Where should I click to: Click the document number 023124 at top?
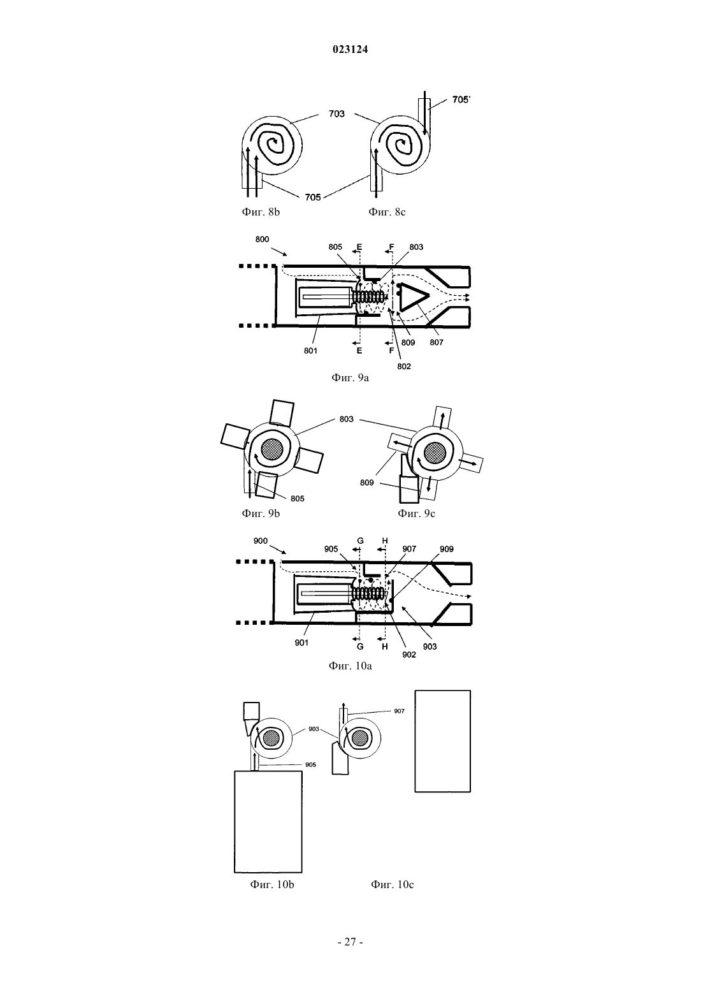[350, 50]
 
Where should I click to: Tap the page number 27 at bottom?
[350, 942]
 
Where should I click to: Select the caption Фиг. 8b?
[261, 212]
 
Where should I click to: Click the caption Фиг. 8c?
[387, 212]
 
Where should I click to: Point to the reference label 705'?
[461, 99]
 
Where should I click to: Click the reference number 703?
[336, 114]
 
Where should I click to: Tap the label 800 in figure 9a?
[262, 239]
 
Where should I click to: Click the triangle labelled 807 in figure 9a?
[412, 295]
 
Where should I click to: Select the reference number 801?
[310, 351]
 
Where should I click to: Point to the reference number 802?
[403, 366]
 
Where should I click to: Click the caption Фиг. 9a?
[350, 378]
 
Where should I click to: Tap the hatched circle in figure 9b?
[272, 451]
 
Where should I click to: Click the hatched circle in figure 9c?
[435, 453]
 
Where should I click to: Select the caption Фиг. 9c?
[416, 513]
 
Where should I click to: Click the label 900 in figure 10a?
[260, 541]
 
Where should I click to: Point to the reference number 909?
[446, 549]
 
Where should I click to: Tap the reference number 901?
[301, 643]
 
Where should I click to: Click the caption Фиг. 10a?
[350, 666]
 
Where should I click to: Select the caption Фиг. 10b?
[271, 884]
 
